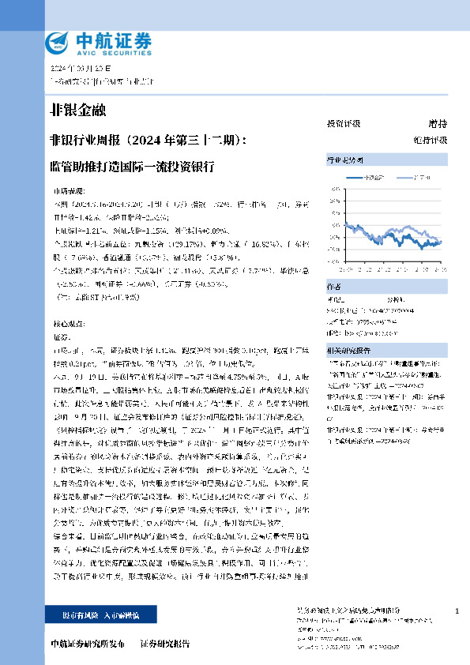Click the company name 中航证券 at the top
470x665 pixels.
(x=112, y=38)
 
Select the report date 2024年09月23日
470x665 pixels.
(x=77, y=69)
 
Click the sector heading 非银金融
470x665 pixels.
(x=77, y=109)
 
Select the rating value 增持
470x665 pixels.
(x=438, y=124)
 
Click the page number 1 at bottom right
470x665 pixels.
(x=457, y=612)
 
